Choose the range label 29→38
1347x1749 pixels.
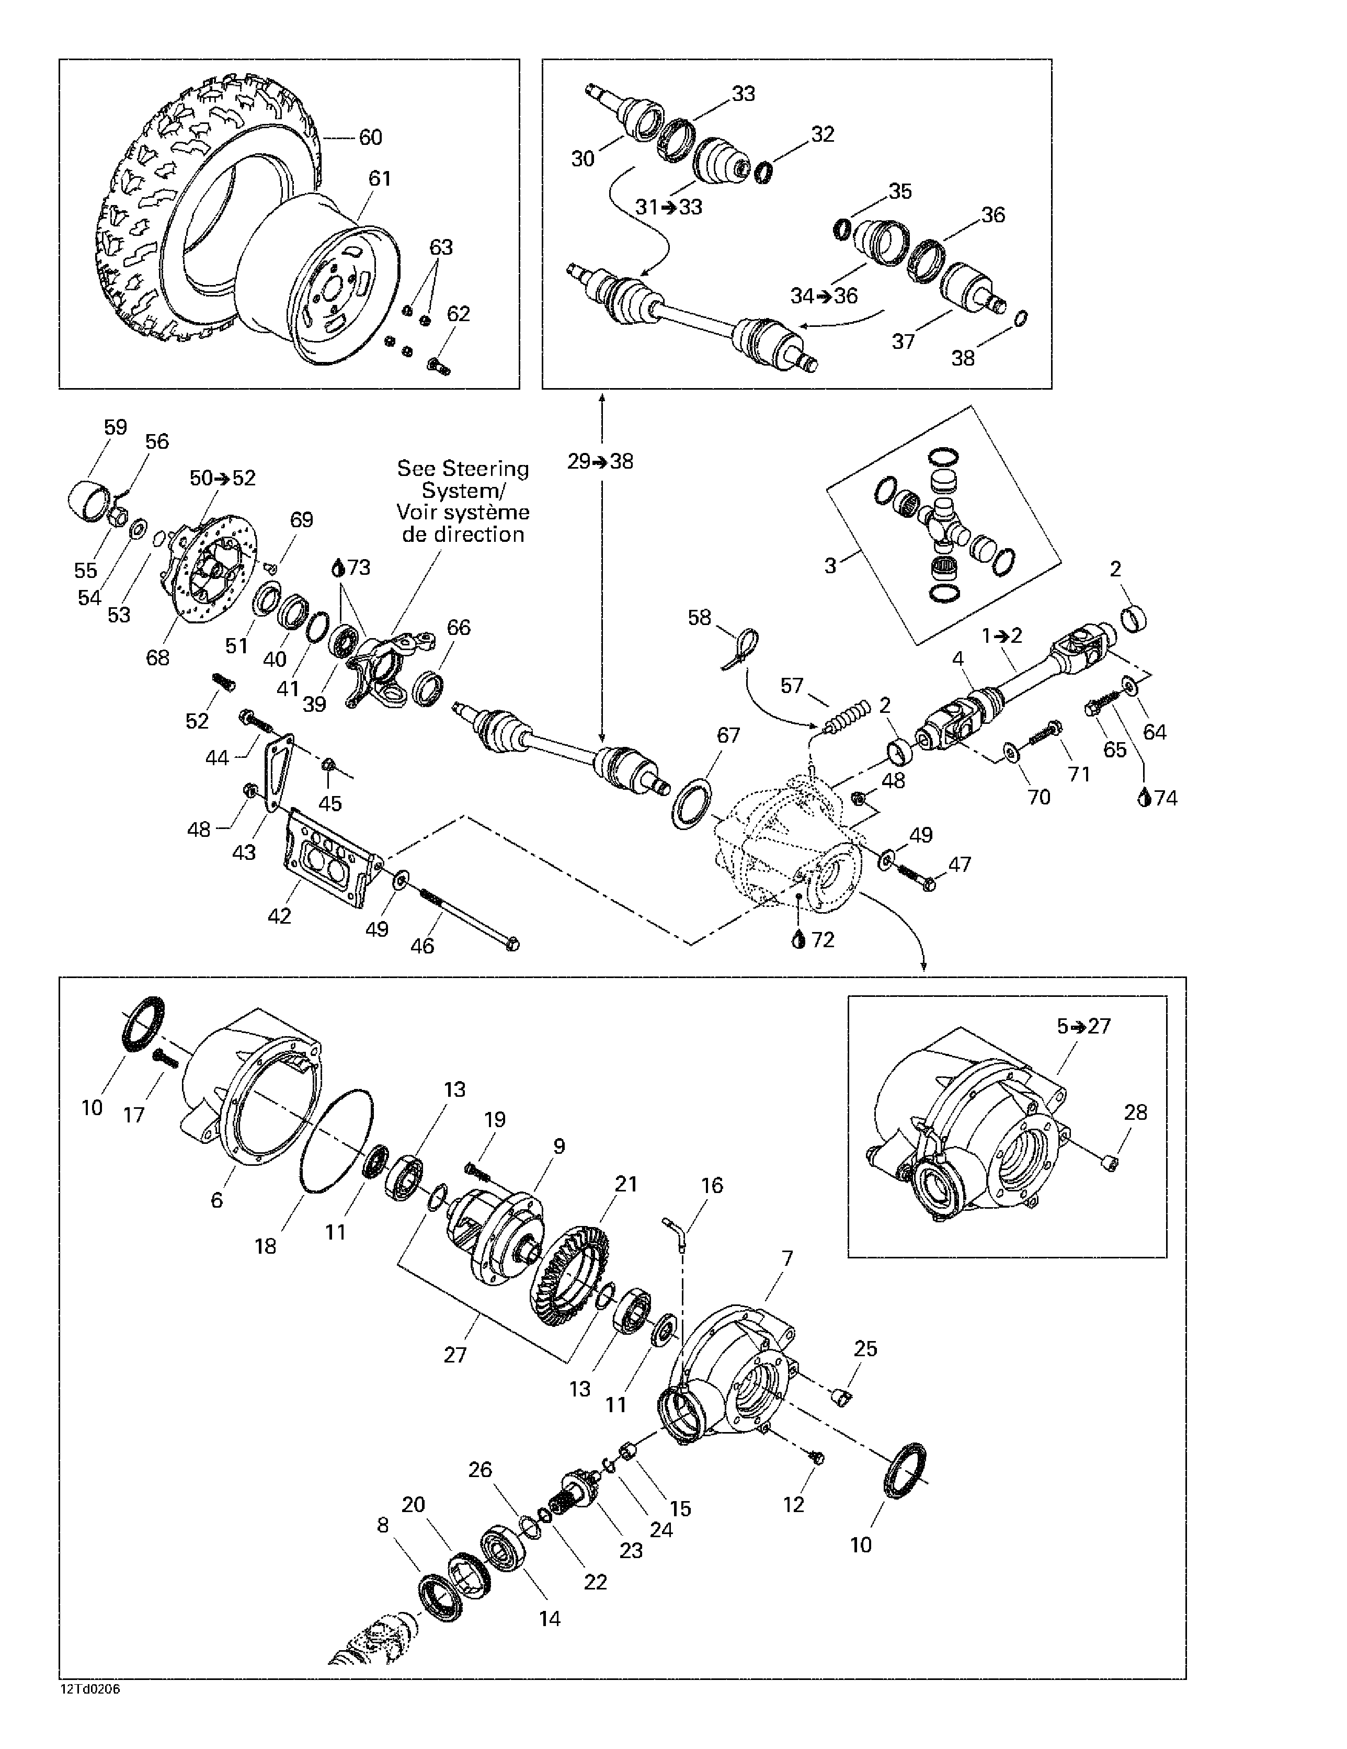tap(600, 461)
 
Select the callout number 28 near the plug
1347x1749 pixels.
tap(1135, 1112)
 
